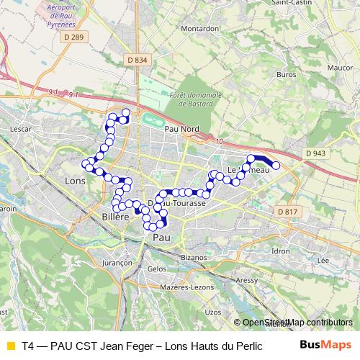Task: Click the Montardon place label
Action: click(x=200, y=28)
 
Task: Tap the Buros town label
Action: click(x=286, y=74)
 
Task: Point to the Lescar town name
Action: click(x=19, y=129)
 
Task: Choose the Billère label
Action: click(x=115, y=217)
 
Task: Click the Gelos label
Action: click(x=156, y=269)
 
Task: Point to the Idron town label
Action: click(x=281, y=251)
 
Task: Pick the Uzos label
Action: click(x=213, y=312)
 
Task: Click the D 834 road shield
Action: click(x=135, y=60)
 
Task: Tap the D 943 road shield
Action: click(x=315, y=153)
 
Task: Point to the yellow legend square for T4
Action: click(x=10, y=344)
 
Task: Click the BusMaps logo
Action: click(x=326, y=344)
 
